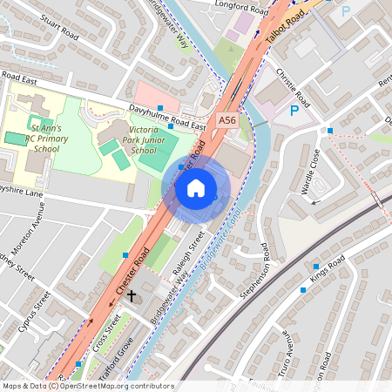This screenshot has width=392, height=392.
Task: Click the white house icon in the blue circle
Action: click(x=196, y=188)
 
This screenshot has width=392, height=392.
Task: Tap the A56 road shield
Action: click(x=227, y=120)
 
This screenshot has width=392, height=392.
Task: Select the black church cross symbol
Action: click(x=132, y=296)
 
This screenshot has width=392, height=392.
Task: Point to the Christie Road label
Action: click(x=292, y=84)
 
